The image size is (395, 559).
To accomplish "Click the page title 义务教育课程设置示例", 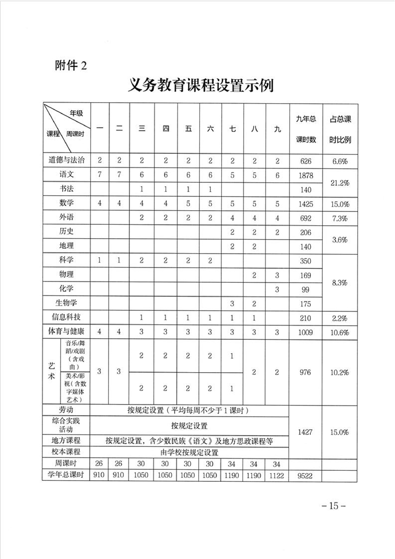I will [x=201, y=85].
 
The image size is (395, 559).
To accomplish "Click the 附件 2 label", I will [x=70, y=65].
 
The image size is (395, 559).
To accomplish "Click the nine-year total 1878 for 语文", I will [x=306, y=175].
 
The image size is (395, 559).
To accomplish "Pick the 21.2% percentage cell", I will [x=340, y=182].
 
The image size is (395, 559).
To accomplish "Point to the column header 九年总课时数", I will [x=306, y=129].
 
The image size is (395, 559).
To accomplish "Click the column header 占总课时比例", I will [x=340, y=129].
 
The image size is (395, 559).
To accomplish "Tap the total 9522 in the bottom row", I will [x=306, y=476].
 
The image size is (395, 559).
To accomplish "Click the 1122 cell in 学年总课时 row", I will [x=277, y=476].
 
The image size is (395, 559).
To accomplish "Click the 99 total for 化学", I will [x=306, y=289].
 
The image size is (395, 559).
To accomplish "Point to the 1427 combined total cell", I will [x=306, y=432].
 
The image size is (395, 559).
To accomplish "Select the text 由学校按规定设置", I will [x=189, y=452].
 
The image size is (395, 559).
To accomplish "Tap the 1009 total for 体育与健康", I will [x=306, y=332].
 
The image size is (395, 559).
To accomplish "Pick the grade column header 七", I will [x=233, y=129].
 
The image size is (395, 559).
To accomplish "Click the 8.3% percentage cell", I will [x=340, y=282].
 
